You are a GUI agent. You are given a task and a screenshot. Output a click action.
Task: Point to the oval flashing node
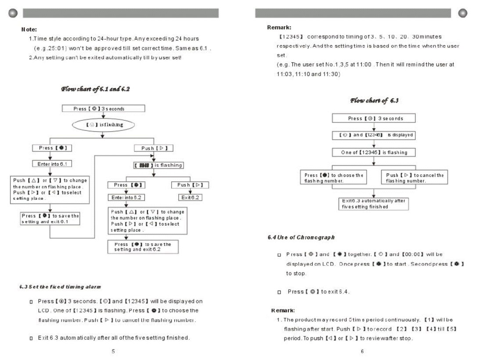[101, 125]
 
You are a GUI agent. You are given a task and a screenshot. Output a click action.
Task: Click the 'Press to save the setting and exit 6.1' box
[50, 218]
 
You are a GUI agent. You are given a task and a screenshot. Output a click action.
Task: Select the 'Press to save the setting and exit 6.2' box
[143, 246]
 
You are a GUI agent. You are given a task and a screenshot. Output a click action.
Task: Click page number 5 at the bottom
[113, 351]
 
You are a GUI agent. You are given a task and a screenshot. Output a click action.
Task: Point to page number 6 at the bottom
[361, 351]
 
